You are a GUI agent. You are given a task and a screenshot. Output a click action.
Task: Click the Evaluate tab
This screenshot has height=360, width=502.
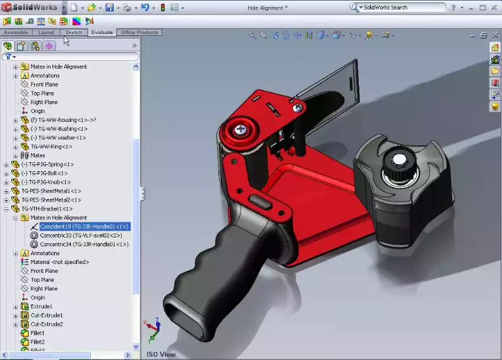(x=102, y=32)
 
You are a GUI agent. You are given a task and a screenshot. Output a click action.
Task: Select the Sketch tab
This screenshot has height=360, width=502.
(x=74, y=32)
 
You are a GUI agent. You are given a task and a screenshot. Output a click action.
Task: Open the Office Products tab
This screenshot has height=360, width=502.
(x=140, y=32)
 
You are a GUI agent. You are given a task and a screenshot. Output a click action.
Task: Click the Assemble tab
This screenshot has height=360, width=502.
(x=16, y=32)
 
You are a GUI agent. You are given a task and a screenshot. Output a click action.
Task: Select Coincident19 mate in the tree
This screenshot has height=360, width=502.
(x=84, y=226)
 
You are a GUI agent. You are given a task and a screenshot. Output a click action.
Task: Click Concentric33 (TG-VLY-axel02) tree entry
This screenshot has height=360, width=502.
(x=80, y=235)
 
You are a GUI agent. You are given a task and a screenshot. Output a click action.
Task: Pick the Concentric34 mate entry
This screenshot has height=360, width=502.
(x=84, y=244)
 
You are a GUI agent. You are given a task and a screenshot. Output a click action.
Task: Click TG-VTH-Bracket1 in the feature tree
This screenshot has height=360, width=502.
(x=47, y=208)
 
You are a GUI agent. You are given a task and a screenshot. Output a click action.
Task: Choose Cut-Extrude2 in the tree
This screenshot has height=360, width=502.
(x=47, y=324)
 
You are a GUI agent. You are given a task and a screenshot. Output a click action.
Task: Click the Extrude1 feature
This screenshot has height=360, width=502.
(x=42, y=306)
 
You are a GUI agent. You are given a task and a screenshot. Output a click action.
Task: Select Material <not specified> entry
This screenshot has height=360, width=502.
(x=59, y=262)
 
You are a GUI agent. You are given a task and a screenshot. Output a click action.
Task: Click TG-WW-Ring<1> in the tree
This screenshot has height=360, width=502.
(x=51, y=147)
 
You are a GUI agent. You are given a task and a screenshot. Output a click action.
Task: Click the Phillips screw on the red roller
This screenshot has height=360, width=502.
(x=240, y=129)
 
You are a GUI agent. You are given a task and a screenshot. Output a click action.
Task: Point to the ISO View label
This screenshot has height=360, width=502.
(x=161, y=354)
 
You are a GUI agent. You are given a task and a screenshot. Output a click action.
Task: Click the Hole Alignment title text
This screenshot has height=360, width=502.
(x=267, y=8)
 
